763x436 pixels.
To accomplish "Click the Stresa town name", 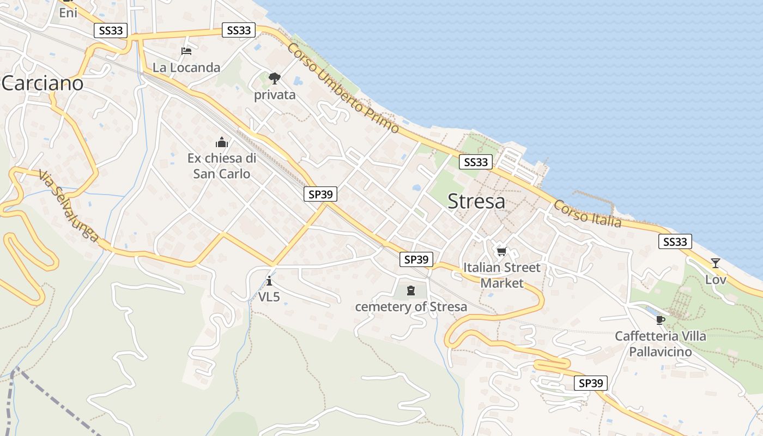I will [476, 202].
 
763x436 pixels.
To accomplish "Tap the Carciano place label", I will [43, 83].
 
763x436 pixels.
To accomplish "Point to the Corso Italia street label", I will [587, 214].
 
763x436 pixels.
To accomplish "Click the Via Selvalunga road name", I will [69, 205].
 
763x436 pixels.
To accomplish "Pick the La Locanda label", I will [186, 68].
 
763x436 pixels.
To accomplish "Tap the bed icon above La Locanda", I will [186, 51].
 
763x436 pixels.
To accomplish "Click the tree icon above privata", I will [275, 78].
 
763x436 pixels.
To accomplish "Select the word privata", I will [275, 95].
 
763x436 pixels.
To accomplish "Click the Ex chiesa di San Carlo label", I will [222, 166].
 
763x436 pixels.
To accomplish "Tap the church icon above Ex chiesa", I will [222, 143].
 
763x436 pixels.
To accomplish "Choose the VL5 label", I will [269, 297].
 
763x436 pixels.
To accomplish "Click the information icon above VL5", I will [269, 281].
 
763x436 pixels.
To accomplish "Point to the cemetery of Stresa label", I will [411, 307].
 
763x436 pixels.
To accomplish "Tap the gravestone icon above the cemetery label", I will [411, 290].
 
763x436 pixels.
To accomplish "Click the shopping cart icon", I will [502, 251].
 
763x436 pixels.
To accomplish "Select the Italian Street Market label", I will [502, 275].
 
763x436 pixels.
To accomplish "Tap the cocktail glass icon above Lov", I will [716, 263].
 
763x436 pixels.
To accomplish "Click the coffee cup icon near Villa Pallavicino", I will [661, 320].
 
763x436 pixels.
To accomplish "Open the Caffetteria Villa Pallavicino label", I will [661, 344].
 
